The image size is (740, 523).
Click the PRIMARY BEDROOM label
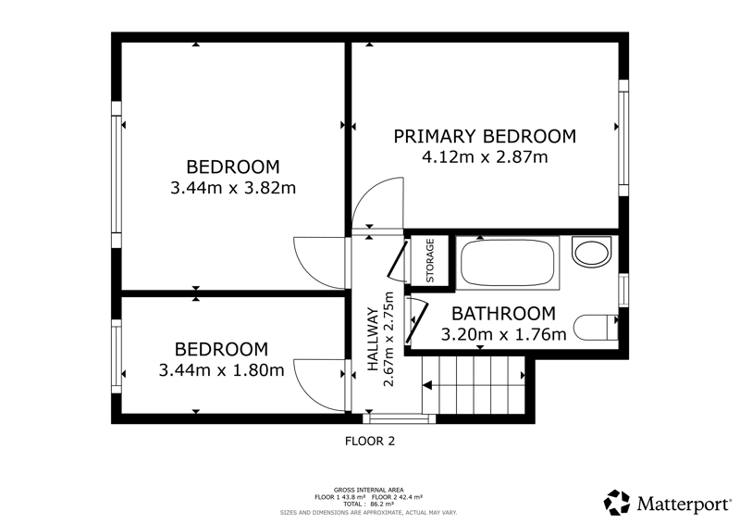click(485, 137)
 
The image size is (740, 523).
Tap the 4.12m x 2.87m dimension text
click(485, 156)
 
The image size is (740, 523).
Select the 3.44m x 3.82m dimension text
click(233, 188)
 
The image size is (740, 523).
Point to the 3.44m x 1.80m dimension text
click(221, 370)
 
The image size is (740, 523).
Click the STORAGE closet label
click(430, 261)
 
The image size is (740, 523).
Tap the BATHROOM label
click(503, 314)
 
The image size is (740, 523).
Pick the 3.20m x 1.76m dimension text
click(503, 334)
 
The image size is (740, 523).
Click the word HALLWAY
click(373, 339)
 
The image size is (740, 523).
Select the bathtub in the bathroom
click(507, 263)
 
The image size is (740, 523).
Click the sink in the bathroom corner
click(591, 251)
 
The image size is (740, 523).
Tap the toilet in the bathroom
click(596, 327)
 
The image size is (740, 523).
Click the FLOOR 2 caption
click(370, 442)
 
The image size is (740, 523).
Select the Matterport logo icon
click(617, 503)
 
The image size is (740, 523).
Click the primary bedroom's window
click(623, 138)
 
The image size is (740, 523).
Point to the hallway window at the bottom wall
click(400, 418)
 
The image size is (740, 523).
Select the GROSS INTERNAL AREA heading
click(368, 490)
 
